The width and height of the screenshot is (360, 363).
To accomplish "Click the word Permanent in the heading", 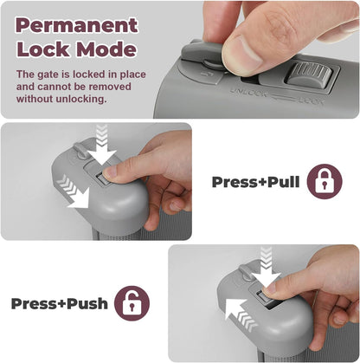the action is (x=77, y=25).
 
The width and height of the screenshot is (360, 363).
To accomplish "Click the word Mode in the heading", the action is (x=106, y=49).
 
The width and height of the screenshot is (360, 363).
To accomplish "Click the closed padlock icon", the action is (x=325, y=182).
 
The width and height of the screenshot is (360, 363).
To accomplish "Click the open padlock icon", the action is (x=132, y=303).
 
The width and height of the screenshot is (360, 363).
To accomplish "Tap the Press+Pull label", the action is (x=255, y=182).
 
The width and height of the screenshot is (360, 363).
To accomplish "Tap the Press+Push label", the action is (x=60, y=303).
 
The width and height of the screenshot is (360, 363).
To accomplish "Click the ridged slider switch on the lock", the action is (x=309, y=75).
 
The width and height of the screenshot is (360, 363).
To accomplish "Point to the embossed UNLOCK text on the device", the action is (x=248, y=93).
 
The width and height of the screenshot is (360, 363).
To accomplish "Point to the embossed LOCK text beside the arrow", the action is (x=311, y=100).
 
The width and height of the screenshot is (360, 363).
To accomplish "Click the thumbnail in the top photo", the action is (x=245, y=53).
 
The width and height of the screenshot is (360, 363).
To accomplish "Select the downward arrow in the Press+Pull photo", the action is (x=101, y=143).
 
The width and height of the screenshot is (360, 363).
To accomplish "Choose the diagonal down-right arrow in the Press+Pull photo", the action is (x=73, y=191).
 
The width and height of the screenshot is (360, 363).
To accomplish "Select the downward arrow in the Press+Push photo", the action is (x=266, y=267).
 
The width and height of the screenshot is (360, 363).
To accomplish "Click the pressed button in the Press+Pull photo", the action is (x=102, y=179).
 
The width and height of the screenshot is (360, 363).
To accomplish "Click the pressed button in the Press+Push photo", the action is (x=263, y=297).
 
